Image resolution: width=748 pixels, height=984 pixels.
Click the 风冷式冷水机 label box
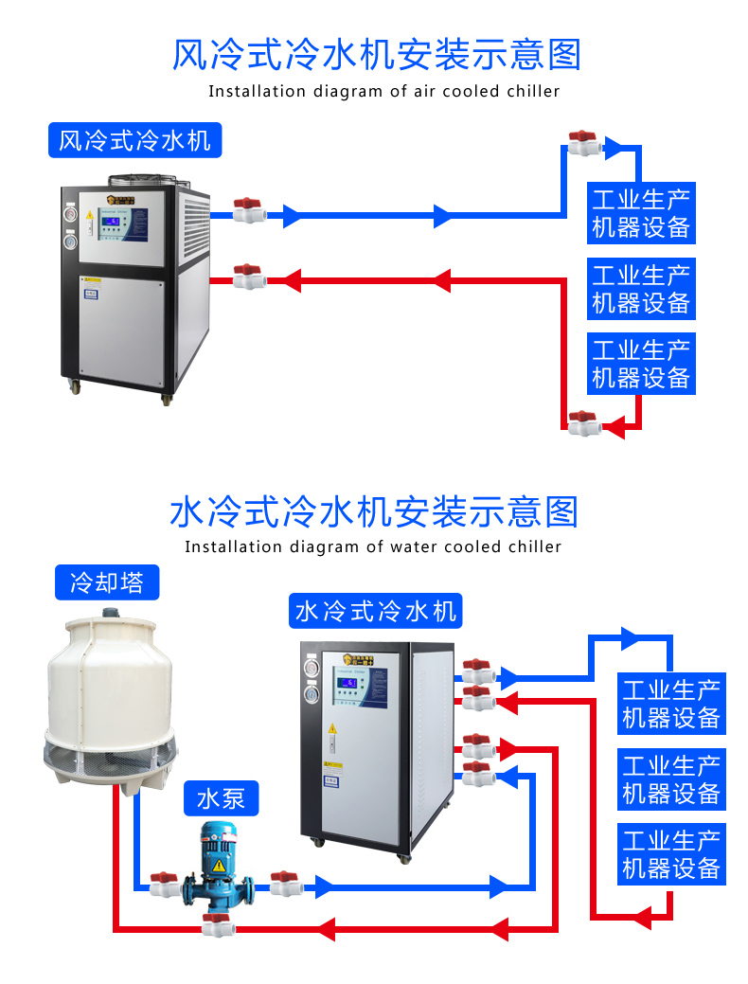[134, 141]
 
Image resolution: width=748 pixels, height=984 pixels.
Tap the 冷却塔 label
[106, 581]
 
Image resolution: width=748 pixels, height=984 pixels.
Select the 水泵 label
[221, 798]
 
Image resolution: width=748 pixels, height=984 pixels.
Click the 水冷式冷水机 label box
[375, 611]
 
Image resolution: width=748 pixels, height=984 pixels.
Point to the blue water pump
[219, 871]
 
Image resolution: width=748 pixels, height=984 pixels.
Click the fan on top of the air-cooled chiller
[142, 179]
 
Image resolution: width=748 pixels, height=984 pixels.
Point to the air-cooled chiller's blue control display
[113, 224]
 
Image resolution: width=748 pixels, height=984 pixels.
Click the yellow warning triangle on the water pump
[219, 866]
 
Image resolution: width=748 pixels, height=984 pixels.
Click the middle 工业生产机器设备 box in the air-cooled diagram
[641, 289]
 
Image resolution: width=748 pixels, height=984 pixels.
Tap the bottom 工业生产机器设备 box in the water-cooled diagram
[671, 854]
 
